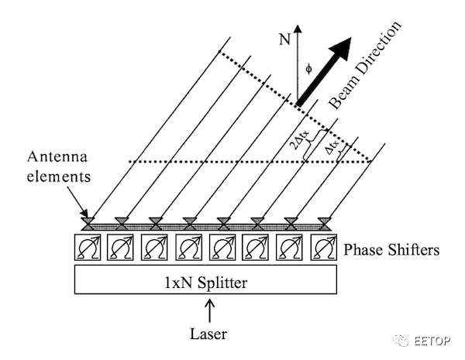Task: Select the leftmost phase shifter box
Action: click(x=88, y=248)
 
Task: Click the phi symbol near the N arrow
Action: click(x=309, y=68)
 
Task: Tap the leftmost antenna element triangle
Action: click(x=88, y=222)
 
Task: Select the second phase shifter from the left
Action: click(x=121, y=248)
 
